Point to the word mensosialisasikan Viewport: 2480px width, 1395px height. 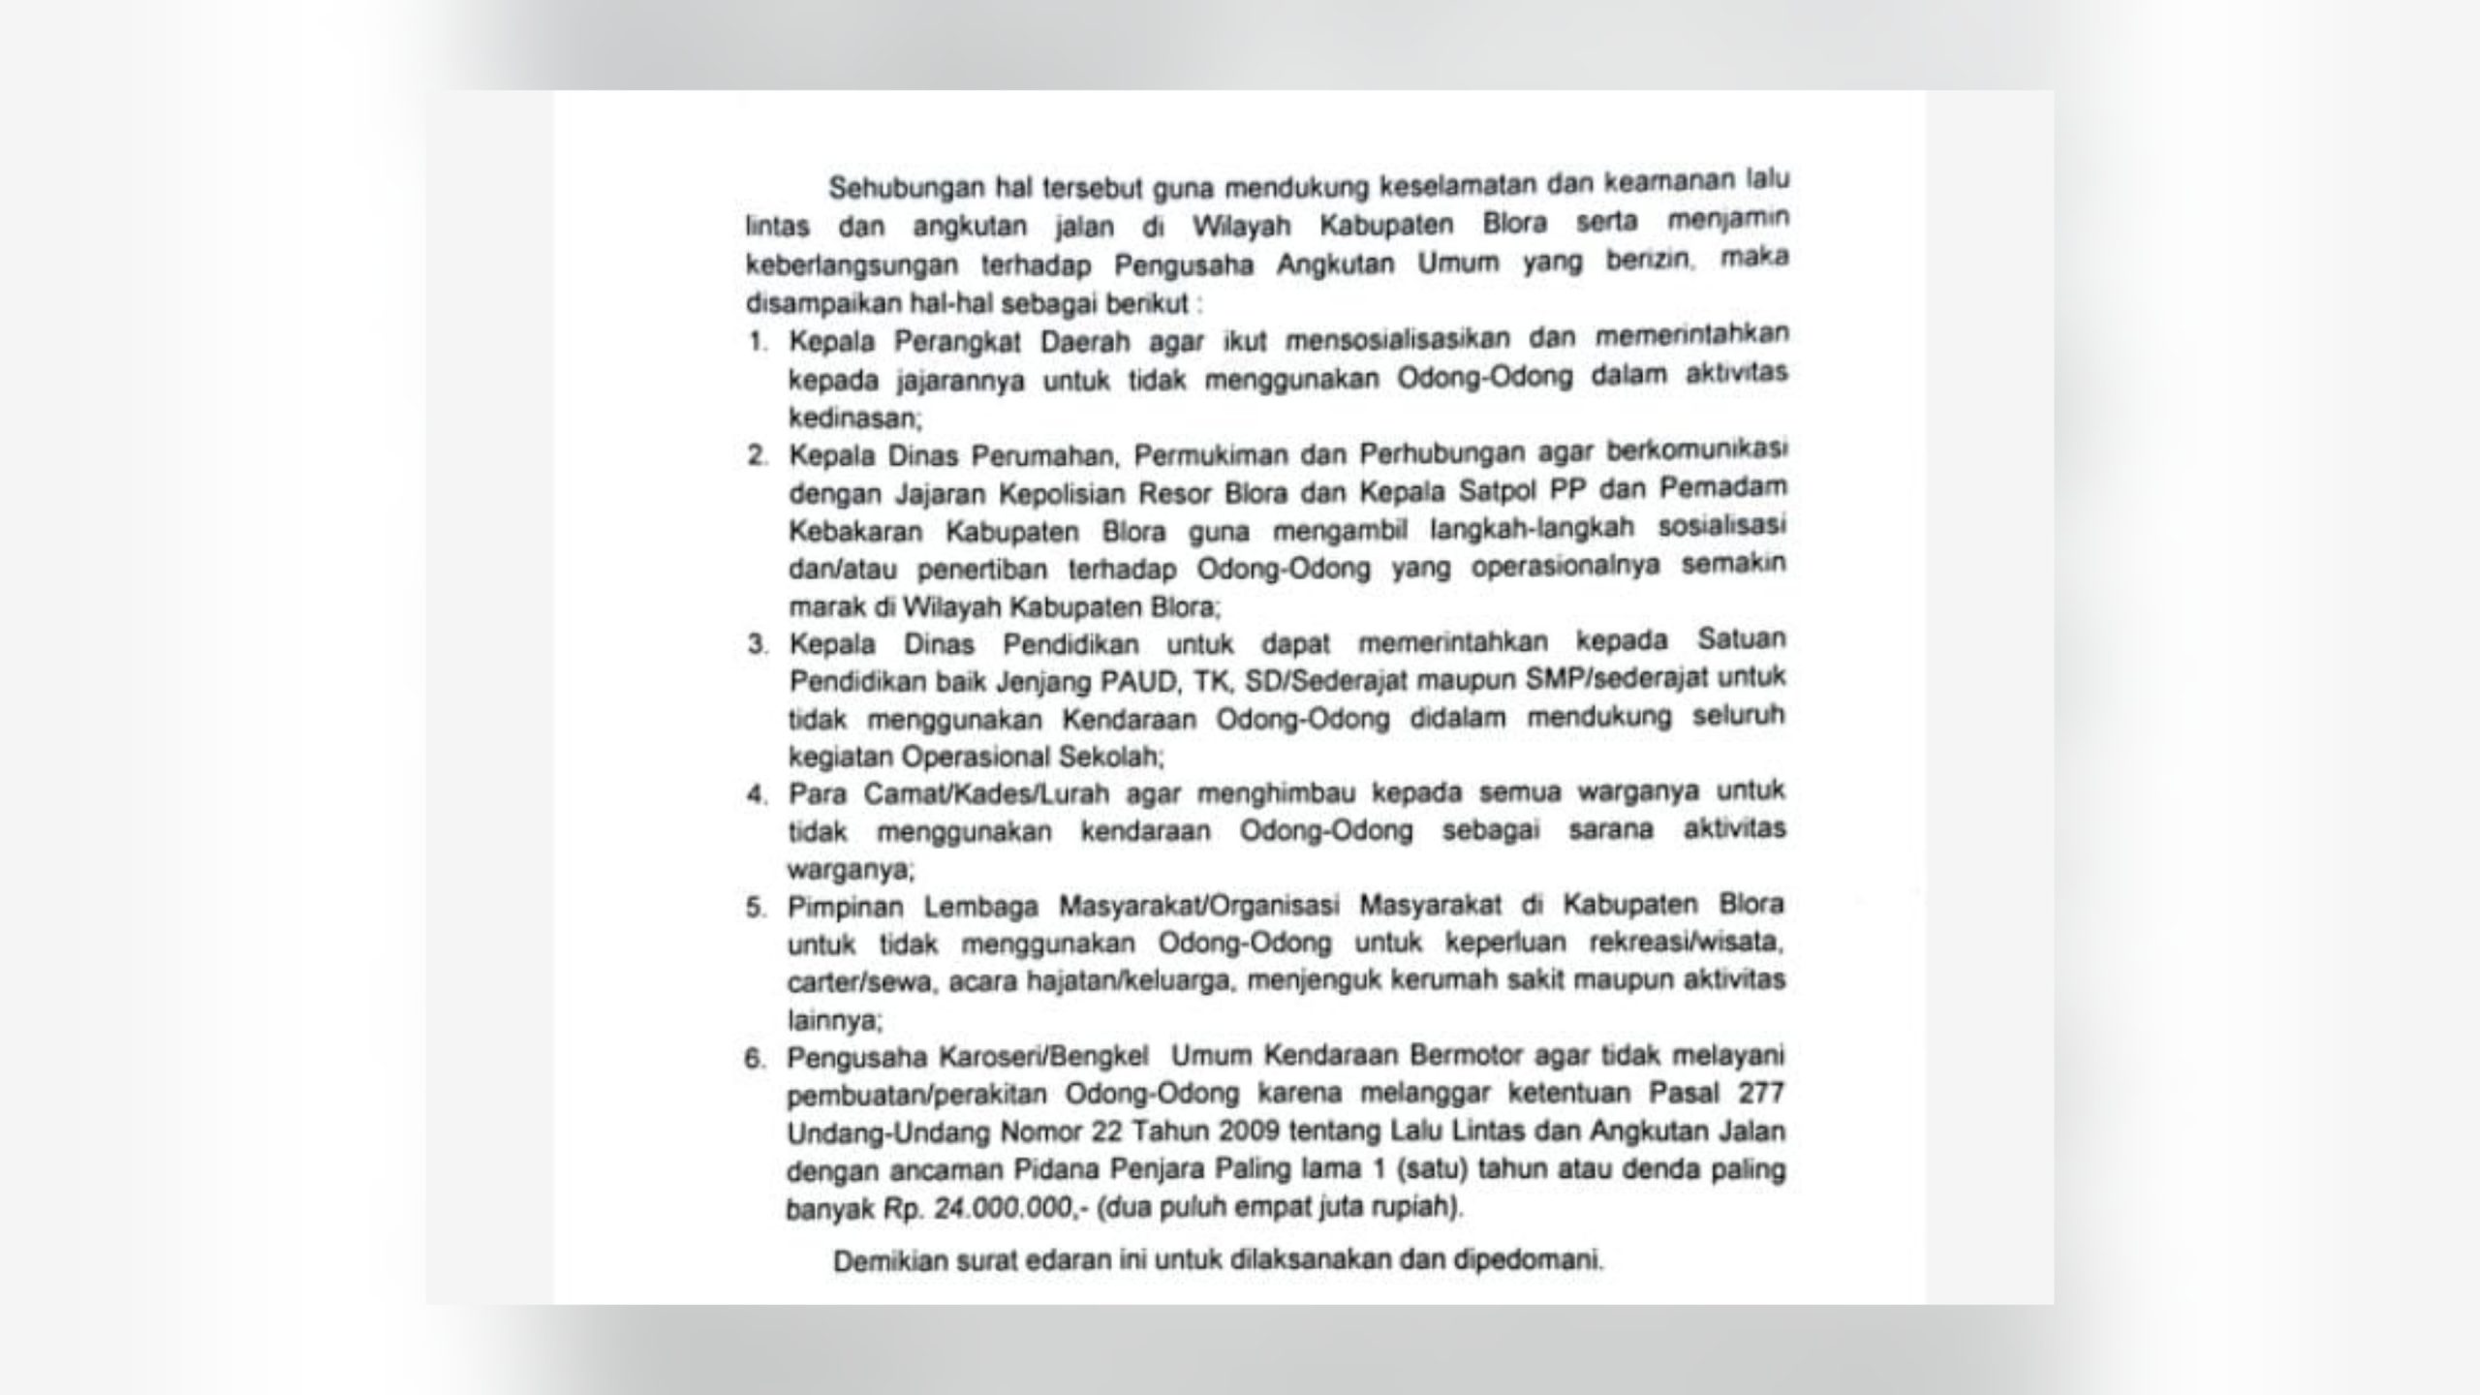(1397, 340)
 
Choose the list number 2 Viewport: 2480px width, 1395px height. (758, 455)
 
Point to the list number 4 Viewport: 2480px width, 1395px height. (758, 794)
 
